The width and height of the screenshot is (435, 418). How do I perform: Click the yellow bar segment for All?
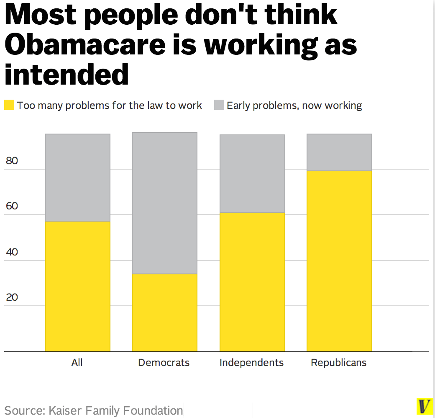click(x=77, y=286)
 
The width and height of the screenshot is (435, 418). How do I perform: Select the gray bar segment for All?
click(x=77, y=178)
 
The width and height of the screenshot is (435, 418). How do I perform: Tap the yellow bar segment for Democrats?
click(x=164, y=312)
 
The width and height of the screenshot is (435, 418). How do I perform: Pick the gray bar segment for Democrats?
click(x=164, y=203)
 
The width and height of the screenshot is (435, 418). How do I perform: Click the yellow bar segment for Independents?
click(x=252, y=282)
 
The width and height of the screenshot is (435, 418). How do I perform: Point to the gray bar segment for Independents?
click(x=252, y=174)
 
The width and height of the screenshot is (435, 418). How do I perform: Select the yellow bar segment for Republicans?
click(x=339, y=261)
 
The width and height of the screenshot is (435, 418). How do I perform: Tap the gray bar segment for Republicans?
click(x=339, y=152)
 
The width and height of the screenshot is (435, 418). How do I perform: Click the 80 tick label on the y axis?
click(x=12, y=161)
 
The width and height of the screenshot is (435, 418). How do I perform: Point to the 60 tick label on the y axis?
click(x=12, y=206)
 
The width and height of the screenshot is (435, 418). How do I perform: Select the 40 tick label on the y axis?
click(x=12, y=252)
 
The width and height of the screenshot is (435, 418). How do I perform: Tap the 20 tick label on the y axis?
click(x=12, y=297)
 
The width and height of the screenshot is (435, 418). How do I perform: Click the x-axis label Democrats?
click(x=164, y=363)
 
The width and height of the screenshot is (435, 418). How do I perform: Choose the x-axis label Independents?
click(x=252, y=363)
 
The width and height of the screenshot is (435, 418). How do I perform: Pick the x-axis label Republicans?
click(x=339, y=363)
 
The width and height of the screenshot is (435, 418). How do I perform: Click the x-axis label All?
click(x=77, y=363)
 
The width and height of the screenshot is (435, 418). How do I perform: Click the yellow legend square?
click(x=9, y=105)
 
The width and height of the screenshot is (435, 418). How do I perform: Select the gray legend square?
click(x=219, y=105)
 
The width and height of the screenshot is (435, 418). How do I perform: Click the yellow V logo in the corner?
click(x=425, y=406)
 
